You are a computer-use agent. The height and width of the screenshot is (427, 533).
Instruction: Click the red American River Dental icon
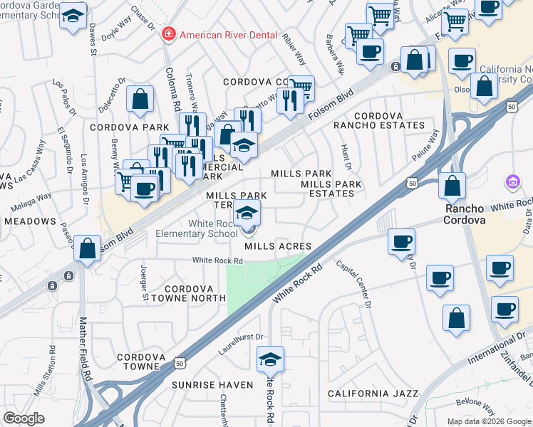pos(168,33)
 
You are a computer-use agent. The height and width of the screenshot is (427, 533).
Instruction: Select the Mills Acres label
pos(279,246)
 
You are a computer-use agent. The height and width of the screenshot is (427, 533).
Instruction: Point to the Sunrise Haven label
pos(212,384)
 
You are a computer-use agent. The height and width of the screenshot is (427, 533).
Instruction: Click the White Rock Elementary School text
pos(213,228)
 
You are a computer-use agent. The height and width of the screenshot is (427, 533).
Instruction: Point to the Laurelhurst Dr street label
pos(241,343)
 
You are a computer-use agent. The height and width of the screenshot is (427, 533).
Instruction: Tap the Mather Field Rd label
pos(86,348)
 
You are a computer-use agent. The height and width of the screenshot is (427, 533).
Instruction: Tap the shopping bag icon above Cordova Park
pos(140,100)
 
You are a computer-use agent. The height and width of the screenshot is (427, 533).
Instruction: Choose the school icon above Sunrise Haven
pos(270,360)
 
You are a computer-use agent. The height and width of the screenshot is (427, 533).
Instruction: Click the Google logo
pos(24,418)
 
